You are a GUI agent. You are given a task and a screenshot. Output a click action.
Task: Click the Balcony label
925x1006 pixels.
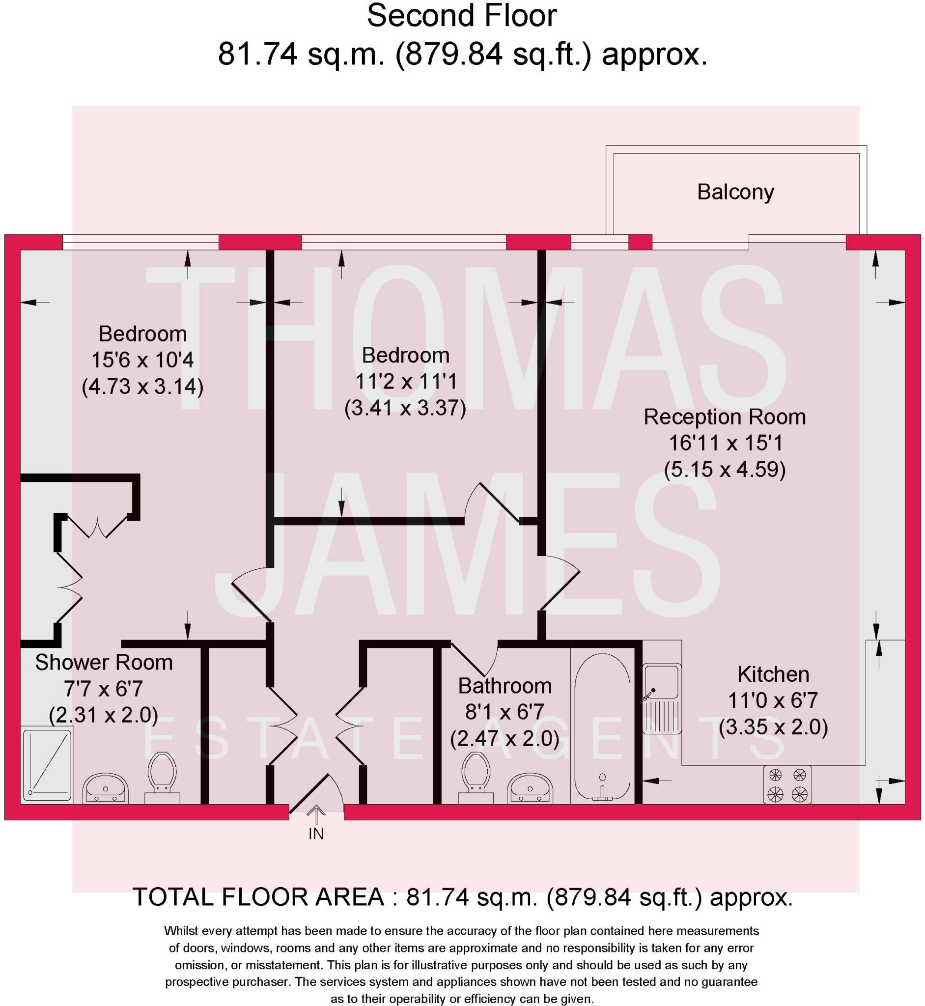[735, 192]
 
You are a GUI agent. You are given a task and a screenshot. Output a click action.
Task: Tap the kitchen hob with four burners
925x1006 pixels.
[787, 785]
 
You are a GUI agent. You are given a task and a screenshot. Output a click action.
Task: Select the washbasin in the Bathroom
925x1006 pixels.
[530, 788]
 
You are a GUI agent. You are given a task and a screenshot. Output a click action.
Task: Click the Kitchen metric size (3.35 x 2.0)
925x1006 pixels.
[773, 727]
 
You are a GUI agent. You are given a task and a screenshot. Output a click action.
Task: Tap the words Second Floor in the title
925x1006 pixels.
[461, 16]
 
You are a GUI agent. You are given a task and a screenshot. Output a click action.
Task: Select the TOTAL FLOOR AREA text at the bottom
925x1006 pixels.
[463, 897]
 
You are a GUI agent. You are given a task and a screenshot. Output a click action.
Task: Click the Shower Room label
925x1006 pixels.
[104, 662]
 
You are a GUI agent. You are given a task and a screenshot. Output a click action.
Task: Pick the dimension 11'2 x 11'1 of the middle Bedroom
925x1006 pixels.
[406, 381]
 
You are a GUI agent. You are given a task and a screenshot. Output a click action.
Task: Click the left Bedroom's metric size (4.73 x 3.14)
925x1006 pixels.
[142, 387]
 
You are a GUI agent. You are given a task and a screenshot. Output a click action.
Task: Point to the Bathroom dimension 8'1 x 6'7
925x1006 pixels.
[505, 712]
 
